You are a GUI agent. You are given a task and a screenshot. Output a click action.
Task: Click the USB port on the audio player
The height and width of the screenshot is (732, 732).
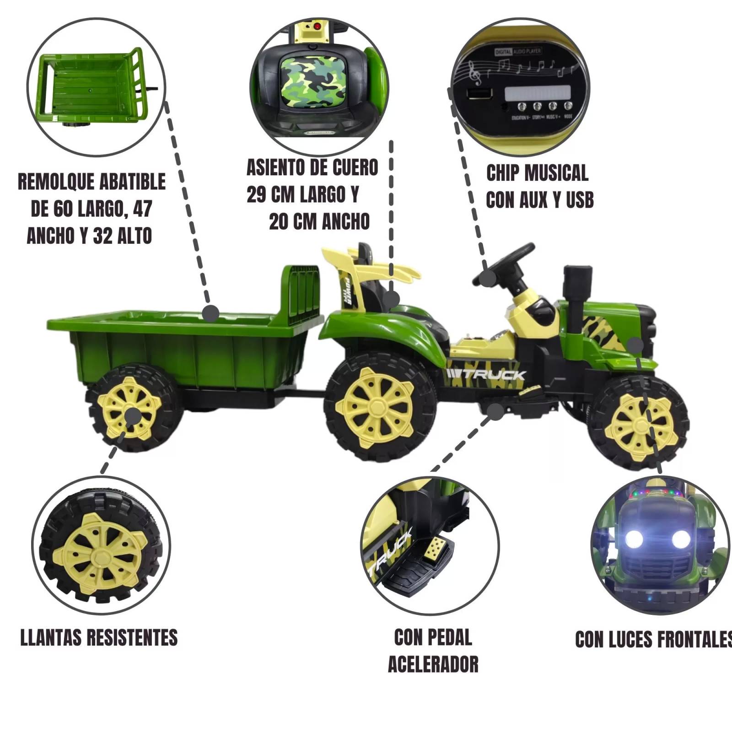[479, 94]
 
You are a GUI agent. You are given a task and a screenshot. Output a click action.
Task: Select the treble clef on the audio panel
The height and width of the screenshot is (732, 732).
[476, 73]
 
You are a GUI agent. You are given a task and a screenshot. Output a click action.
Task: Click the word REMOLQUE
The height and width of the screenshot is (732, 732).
[57, 182]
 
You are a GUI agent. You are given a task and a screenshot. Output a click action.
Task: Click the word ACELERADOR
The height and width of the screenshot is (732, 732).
[433, 664]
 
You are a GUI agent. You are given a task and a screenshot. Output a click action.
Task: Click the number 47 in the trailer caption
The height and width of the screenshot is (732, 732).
[143, 209]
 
